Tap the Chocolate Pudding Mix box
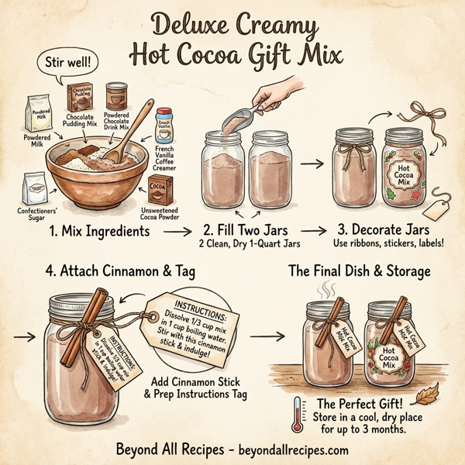81,102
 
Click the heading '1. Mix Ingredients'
97,231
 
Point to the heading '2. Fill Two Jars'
246,231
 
